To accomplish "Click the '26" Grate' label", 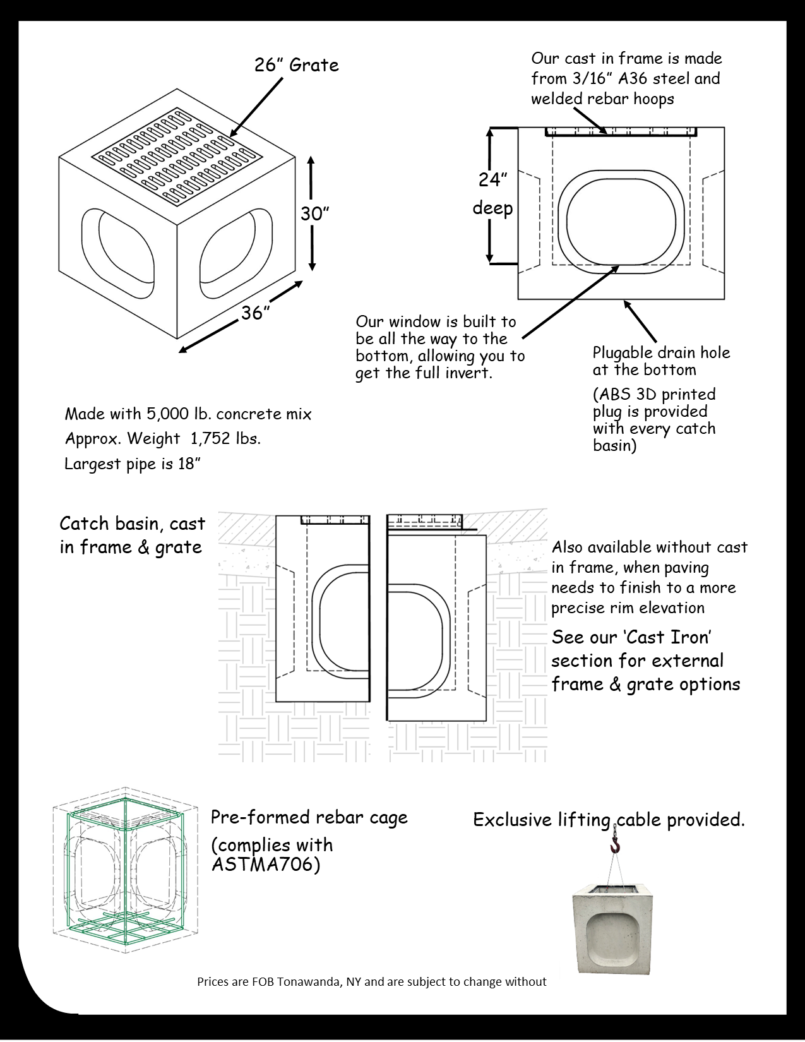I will coord(296,65).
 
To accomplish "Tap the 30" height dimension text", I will coord(315,214).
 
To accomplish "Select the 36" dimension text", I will coord(256,312).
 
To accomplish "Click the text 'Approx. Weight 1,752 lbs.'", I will coord(163,438).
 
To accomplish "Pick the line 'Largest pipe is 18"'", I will coord(133,464).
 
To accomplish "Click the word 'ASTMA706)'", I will coord(266,865).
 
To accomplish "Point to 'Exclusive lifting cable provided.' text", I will coord(609,820).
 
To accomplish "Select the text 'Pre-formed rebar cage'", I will coord(309,817).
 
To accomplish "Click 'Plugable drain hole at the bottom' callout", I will coord(660,361).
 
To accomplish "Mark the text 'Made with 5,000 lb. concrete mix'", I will coord(188,414).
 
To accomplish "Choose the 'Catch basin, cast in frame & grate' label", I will coord(132,535).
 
